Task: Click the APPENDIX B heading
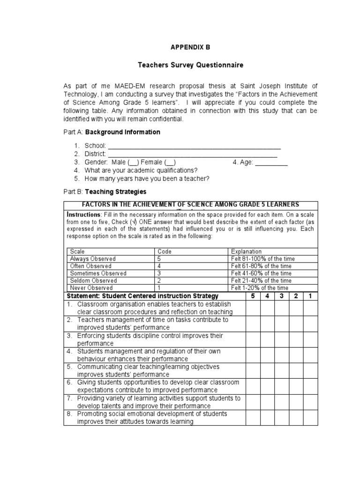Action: [x=190, y=47]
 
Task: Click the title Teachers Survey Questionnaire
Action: [x=190, y=65]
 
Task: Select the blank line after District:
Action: [x=193, y=154]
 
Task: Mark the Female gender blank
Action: [x=171, y=162]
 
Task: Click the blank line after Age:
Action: [x=271, y=162]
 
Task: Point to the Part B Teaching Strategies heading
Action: [x=105, y=192]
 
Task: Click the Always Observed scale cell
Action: [x=93, y=259]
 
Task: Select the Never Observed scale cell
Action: [x=91, y=288]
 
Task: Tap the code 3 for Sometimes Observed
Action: [x=160, y=273]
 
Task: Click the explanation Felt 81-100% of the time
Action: [x=263, y=259]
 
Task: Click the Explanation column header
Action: [x=247, y=251]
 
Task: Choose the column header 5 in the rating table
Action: [x=253, y=296]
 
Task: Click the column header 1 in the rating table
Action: [x=310, y=296]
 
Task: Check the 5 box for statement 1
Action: [x=253, y=308]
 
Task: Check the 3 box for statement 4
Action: [x=282, y=355]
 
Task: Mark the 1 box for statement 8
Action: [x=310, y=418]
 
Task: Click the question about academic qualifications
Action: [x=141, y=170]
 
